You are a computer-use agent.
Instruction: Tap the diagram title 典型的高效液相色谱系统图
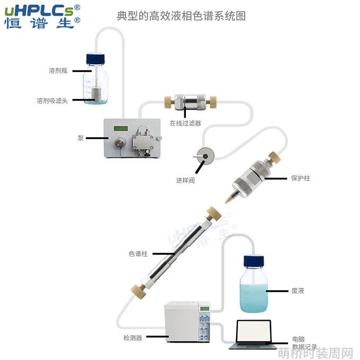[x=182, y=16]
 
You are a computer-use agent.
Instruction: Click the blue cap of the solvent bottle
[x=95, y=59]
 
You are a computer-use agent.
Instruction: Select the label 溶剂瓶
[x=58, y=71]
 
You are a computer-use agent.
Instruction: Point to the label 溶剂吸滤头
[x=52, y=101]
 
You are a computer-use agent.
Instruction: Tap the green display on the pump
[x=121, y=128]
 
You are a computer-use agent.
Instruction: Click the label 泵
[x=80, y=138]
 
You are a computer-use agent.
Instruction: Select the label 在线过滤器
[x=185, y=123]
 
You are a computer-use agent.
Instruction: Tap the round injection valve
[x=205, y=156]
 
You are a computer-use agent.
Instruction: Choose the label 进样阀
[x=185, y=181]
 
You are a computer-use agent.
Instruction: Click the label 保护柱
[x=301, y=178]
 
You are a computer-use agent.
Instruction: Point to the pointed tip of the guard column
[x=226, y=202]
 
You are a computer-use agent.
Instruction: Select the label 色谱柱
[x=138, y=254]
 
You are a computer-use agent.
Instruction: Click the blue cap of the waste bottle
[x=254, y=261]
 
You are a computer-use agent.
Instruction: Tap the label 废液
[x=298, y=291]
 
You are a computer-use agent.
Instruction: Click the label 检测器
[x=133, y=338]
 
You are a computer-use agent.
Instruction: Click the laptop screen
[x=254, y=331]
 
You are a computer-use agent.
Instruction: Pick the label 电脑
[x=299, y=339]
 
